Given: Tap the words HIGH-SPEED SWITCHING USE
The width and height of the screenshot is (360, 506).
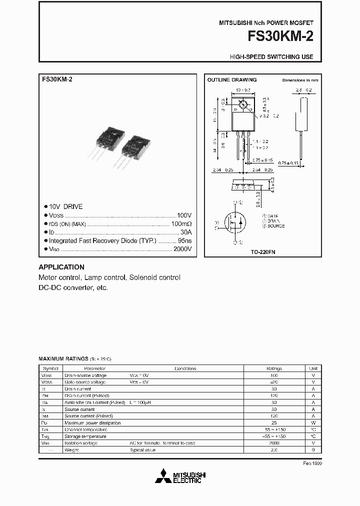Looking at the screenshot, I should point(271,57).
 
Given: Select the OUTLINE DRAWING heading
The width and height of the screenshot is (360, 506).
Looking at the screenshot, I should point(231,80).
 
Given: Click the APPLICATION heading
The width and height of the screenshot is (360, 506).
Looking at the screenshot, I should point(61,267).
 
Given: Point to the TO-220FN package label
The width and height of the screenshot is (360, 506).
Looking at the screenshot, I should point(263,252).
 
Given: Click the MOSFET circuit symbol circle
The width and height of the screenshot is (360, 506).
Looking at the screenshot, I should point(234,223).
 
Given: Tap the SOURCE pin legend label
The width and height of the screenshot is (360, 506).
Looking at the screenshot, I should point(274,226).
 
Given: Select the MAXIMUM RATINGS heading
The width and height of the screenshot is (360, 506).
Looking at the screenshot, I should point(63,359).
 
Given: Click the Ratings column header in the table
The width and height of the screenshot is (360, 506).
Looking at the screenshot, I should point(273,368).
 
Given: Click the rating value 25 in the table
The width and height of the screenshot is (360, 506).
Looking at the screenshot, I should point(273,423).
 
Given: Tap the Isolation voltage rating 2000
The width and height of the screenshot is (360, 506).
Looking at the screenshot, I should point(273,443).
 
